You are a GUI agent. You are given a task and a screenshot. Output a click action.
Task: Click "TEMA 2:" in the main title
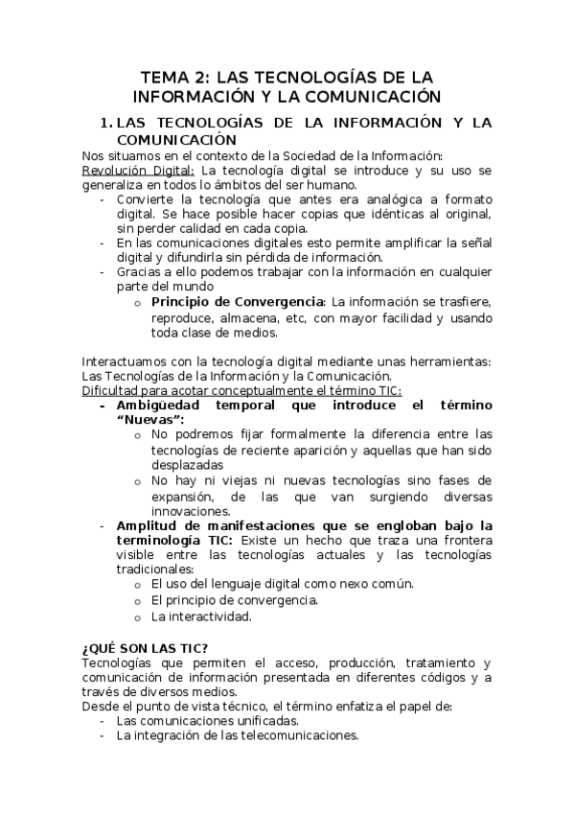coord(175,76)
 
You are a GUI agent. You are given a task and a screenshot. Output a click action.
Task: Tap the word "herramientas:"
coord(447,361)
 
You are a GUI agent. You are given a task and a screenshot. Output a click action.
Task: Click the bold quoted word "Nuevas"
coord(150,420)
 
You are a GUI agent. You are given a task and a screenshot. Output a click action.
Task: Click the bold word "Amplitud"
coord(148,525)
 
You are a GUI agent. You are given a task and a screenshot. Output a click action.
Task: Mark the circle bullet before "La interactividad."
coord(140,616)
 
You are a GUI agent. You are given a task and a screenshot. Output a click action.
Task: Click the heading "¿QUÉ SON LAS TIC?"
coord(145,647)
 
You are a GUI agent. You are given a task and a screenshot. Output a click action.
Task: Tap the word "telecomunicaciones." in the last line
coord(295,736)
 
